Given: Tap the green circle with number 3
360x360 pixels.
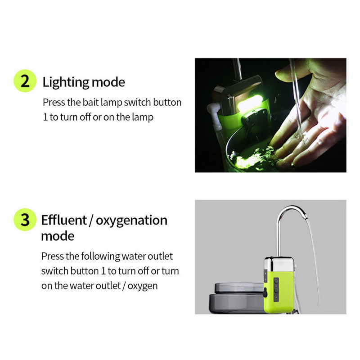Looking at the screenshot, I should tap(24, 220).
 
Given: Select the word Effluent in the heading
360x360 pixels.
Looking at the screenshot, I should tap(63, 220).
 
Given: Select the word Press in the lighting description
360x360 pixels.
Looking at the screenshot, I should tap(53, 102).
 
